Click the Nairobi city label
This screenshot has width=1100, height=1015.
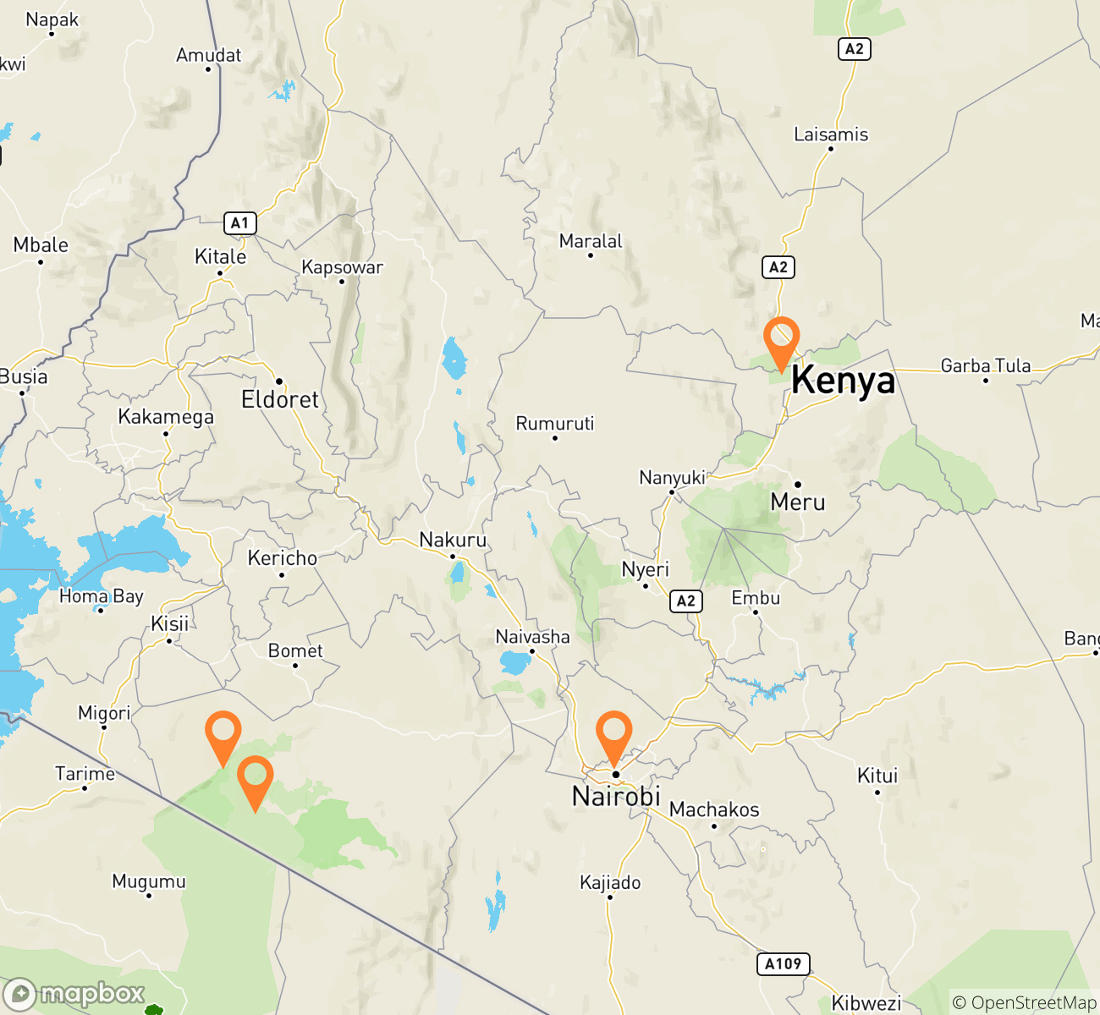[616, 796]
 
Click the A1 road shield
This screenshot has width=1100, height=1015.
[240, 223]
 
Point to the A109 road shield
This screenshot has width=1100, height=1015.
[783, 964]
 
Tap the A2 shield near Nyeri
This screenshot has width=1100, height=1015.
[685, 601]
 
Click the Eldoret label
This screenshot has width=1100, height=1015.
[280, 399]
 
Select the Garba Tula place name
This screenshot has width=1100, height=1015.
[986, 366]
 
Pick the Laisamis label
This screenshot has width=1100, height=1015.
[831, 134]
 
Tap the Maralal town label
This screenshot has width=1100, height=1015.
[591, 242]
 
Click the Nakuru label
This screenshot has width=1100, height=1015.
[453, 540]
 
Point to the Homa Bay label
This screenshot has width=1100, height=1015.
[102, 596]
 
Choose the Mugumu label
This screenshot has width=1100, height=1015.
[149, 881]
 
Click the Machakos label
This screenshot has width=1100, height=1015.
[714, 809]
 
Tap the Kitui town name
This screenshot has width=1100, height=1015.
[877, 776]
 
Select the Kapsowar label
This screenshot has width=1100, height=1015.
[342, 267]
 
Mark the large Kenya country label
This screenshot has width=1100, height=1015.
[843, 380]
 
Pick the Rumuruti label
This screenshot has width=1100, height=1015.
[555, 423]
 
